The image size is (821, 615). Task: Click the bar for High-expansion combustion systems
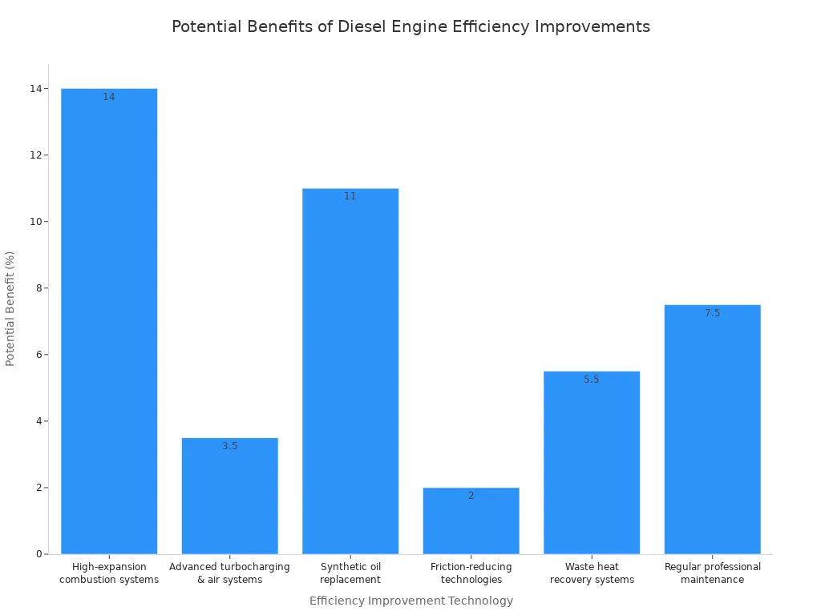(109, 320)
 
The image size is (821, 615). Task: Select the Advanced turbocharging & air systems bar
(230, 496)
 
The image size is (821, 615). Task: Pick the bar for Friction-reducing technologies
(471, 521)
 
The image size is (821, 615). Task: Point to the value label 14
(109, 97)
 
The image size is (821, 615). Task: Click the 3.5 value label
(230, 446)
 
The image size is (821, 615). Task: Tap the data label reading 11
(350, 196)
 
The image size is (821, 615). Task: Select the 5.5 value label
(592, 380)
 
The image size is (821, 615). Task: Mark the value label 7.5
(712, 313)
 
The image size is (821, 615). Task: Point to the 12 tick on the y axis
(35, 155)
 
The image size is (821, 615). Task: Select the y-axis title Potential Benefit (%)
(10, 308)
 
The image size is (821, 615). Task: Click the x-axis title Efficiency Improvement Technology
(410, 601)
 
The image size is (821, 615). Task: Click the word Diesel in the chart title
(362, 26)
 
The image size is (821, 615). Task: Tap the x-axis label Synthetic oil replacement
(350, 573)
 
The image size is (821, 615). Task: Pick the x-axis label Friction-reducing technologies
(471, 573)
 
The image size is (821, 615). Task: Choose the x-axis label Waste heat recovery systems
(592, 573)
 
